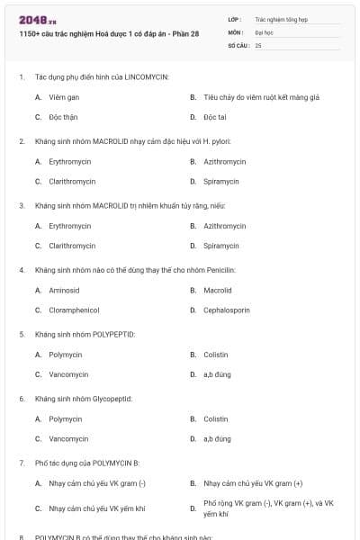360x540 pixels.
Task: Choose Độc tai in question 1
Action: tap(214, 117)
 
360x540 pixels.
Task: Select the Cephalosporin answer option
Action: tap(227, 310)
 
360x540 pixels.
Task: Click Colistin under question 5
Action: tap(216, 355)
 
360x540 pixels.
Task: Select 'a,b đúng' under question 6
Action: tap(217, 438)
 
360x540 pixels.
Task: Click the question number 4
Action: tap(21, 269)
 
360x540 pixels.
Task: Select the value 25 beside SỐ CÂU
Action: tap(258, 45)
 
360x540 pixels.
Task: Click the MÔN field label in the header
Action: tap(234, 31)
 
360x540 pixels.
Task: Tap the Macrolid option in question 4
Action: tap(218, 290)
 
